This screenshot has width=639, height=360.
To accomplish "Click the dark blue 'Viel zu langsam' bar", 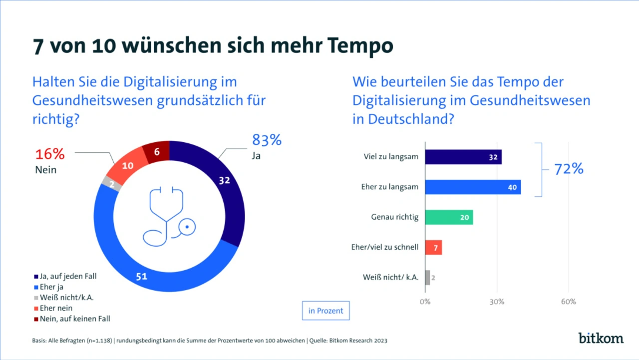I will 463,157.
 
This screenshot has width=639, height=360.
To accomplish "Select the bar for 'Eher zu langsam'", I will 473,187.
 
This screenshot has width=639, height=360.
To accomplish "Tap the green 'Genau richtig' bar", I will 449,217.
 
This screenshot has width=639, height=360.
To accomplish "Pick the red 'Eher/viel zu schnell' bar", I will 433,247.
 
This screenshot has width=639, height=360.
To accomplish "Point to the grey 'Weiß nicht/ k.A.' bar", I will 427,277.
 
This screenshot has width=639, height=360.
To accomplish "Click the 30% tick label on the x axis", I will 497,302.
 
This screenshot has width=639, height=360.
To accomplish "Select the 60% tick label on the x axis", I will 569,302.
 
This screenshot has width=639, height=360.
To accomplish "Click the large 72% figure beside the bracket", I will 569,169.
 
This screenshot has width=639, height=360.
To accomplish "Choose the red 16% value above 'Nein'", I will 50,154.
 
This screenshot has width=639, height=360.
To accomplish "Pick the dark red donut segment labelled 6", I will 157,152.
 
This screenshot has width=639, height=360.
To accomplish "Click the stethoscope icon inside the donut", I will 168,216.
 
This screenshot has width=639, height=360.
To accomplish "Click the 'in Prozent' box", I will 326,311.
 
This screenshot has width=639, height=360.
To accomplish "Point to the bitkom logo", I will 601,338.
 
